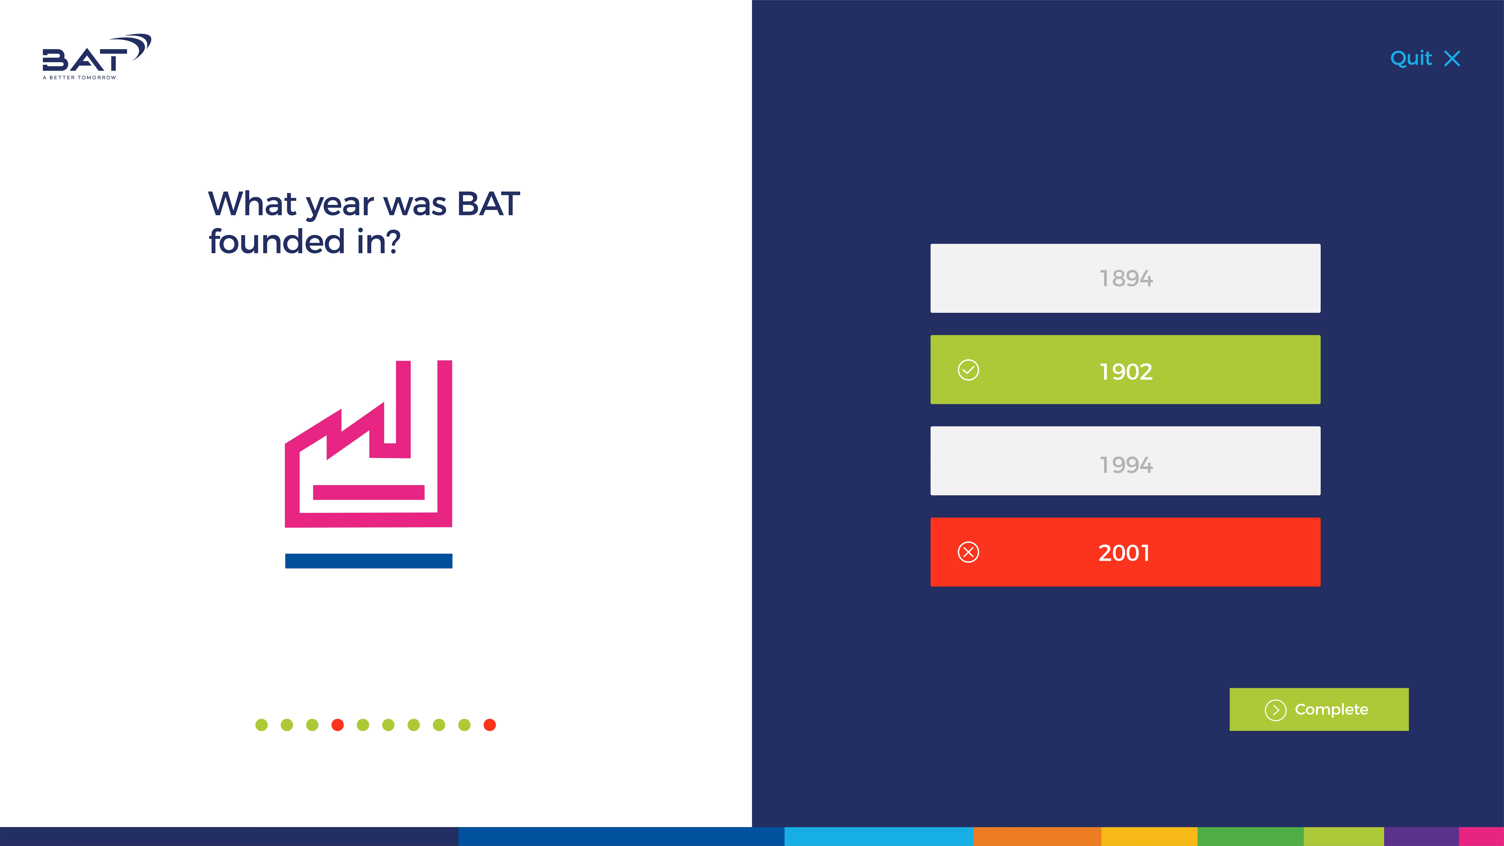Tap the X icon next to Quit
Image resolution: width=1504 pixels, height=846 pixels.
1452,58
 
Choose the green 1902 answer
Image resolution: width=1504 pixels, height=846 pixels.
1125,370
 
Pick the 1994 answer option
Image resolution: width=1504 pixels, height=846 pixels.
1125,461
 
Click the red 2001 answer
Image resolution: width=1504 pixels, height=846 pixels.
1125,552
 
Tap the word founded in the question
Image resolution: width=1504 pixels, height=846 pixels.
277,242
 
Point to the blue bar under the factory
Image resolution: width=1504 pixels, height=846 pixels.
368,561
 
